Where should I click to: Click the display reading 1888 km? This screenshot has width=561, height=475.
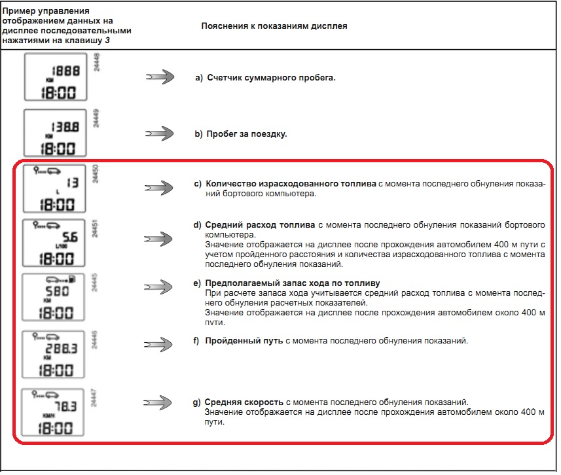pyautogui.click(x=54, y=77)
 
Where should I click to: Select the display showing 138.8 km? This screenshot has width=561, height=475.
pyautogui.click(x=54, y=133)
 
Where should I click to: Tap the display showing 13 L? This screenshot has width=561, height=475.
pyautogui.click(x=54, y=188)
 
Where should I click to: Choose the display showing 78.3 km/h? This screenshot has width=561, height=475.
pyautogui.click(x=54, y=412)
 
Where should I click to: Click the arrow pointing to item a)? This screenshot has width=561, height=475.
pyautogui.click(x=159, y=77)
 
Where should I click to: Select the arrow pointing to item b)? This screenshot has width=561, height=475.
pyautogui.click(x=159, y=133)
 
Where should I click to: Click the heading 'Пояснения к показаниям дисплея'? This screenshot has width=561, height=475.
pyautogui.click(x=274, y=27)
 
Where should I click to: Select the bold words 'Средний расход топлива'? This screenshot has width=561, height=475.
pyautogui.click(x=261, y=225)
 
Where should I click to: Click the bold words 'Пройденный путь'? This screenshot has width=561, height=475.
pyautogui.click(x=244, y=341)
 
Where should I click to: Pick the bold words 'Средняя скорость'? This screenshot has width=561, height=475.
pyautogui.click(x=244, y=402)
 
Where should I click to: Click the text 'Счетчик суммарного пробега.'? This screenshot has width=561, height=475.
pyautogui.click(x=271, y=78)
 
